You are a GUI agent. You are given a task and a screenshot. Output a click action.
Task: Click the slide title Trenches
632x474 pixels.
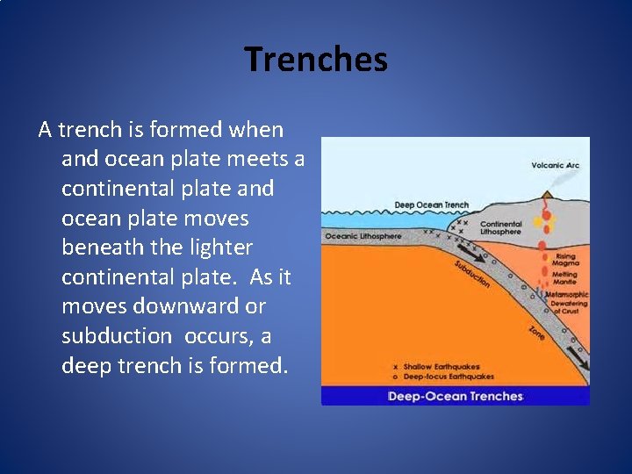316,60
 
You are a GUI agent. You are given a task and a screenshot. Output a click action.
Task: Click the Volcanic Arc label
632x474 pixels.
555,165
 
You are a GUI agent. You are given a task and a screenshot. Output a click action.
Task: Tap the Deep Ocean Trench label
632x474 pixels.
431,205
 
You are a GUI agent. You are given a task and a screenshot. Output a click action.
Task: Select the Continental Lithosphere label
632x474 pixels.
500,228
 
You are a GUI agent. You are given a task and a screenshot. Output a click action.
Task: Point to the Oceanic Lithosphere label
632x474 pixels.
363,236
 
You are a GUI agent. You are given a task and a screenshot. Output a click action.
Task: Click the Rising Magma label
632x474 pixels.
565,261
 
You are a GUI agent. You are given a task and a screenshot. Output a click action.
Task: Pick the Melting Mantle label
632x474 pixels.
565,277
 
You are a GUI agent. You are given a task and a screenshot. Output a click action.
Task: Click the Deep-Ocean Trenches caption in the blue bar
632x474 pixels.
455,397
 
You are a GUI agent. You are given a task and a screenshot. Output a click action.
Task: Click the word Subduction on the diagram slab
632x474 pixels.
471,274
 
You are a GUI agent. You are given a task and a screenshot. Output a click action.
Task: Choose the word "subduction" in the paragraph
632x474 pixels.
117,335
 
